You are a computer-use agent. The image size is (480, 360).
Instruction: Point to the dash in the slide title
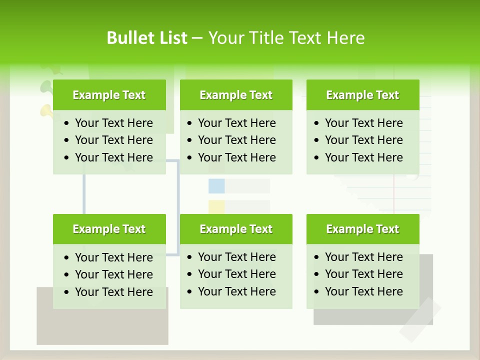click(x=197, y=38)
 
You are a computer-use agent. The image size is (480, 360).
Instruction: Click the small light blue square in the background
click(x=216, y=186)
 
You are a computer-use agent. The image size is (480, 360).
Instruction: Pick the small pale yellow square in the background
click(x=216, y=207)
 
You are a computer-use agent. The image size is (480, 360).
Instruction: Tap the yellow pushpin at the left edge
click(x=46, y=111)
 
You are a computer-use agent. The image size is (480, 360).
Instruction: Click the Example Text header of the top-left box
click(x=109, y=95)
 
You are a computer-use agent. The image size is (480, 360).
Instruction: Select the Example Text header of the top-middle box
click(x=236, y=95)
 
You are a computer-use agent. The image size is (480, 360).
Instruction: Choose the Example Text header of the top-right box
click(x=362, y=95)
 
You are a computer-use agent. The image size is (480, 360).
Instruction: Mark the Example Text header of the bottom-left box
click(x=109, y=229)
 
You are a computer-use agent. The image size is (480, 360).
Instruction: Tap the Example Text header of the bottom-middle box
click(x=236, y=229)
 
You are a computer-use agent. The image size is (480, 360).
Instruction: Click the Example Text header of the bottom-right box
click(x=362, y=229)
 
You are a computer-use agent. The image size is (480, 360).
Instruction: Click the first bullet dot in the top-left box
click(x=67, y=123)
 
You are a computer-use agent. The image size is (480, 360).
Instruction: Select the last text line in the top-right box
click(x=363, y=157)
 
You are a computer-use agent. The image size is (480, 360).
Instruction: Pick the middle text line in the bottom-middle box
click(x=236, y=274)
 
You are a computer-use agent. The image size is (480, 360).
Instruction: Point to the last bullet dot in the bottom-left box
click(x=67, y=292)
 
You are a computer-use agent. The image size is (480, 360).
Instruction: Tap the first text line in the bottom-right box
click(x=363, y=257)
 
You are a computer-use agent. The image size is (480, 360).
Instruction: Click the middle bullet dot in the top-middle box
click(x=190, y=140)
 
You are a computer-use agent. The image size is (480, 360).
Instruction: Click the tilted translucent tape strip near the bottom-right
click(x=420, y=320)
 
